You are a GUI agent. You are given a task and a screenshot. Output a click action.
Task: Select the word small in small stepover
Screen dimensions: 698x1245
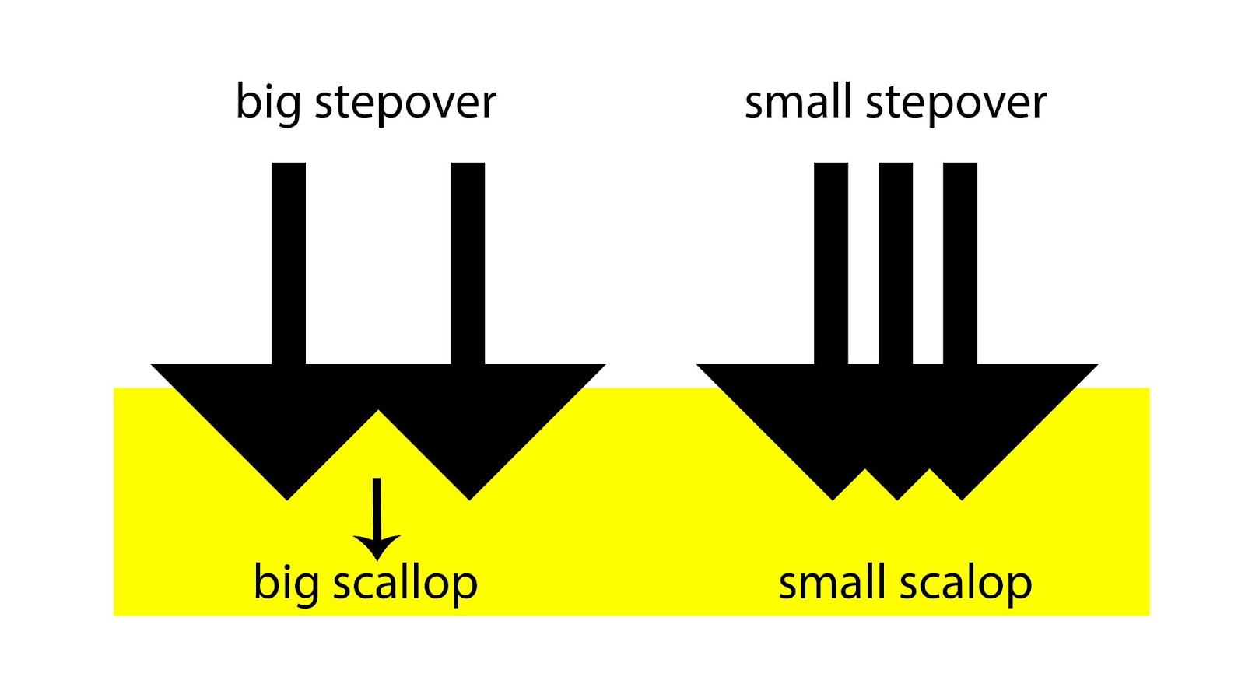point(798,102)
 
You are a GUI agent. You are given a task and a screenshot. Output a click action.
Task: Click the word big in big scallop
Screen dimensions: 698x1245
point(286,584)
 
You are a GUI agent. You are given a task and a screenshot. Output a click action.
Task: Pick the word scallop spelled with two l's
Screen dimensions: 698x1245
point(405,584)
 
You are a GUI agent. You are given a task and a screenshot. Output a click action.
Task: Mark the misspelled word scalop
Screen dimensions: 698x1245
point(966,584)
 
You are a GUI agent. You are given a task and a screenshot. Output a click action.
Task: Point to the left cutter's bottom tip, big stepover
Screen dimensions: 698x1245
point(288,496)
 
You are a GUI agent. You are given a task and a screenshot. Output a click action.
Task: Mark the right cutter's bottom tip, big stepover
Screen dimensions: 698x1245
point(469,496)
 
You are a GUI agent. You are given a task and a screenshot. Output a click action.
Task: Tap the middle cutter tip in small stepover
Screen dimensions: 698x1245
point(898,496)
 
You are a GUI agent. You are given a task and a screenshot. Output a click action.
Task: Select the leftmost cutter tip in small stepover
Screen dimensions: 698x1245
point(833,496)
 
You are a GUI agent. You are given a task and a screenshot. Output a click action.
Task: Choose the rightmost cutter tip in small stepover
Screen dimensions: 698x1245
point(963,496)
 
